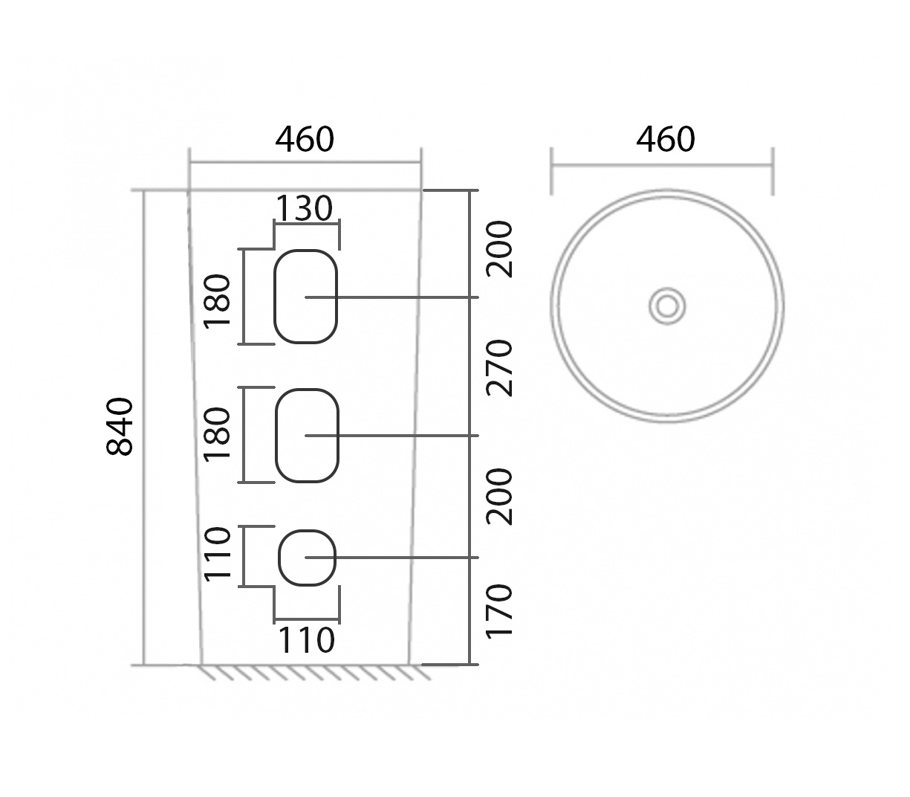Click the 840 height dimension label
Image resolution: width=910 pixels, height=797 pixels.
[120, 427]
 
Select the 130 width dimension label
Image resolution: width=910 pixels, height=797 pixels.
[304, 209]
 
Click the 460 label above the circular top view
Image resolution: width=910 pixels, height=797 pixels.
[665, 140]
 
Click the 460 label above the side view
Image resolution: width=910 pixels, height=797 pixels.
[305, 140]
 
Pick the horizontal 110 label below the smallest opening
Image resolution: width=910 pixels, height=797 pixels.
[306, 640]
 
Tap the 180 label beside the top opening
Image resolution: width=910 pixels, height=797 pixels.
[218, 301]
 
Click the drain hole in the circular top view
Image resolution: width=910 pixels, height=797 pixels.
[666, 306]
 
